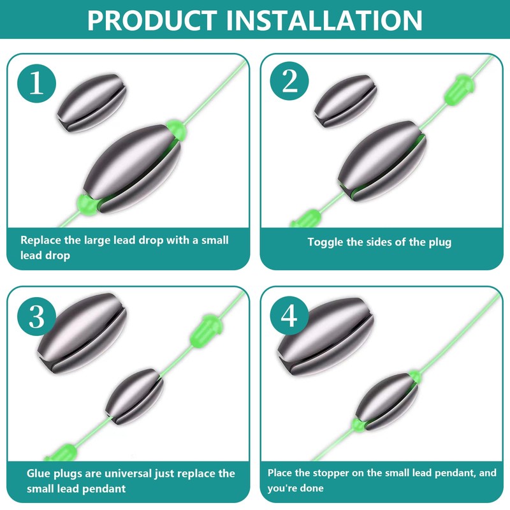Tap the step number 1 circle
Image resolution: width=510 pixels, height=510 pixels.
[36, 84]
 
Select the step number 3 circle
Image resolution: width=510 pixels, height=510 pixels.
[36, 317]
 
